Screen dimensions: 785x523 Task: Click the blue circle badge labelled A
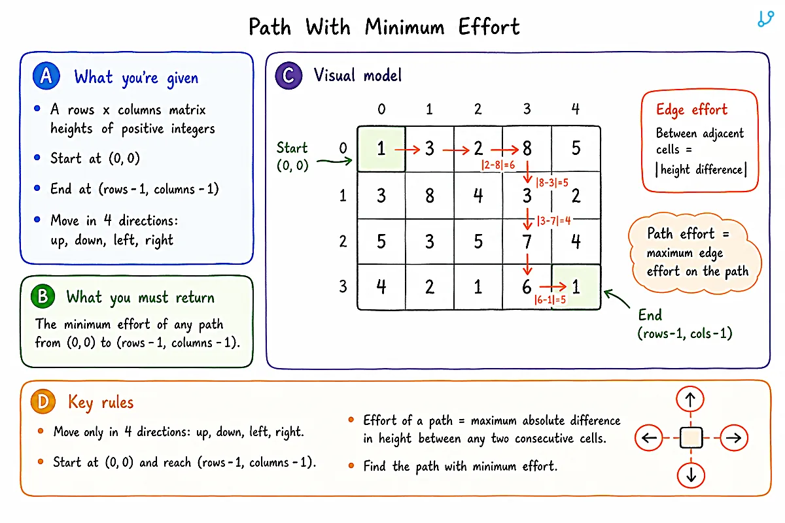[46, 76]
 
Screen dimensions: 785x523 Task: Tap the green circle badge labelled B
[43, 296]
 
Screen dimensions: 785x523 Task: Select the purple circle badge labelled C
[288, 75]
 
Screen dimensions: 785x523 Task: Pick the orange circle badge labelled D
[43, 401]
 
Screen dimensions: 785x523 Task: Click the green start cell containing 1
[381, 148]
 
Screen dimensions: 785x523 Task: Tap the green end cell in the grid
[576, 287]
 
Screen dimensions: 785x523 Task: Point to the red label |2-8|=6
[498, 165]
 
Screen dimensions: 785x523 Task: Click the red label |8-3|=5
[551, 182]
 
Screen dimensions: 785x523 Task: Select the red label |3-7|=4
[553, 221]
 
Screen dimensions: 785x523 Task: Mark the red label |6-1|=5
[550, 299]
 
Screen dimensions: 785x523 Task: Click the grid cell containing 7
[527, 241]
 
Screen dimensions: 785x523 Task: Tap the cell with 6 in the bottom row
[527, 287]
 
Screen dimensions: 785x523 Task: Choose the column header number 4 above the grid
[576, 109]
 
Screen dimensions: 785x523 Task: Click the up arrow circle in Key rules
[690, 399]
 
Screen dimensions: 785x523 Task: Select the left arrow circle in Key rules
[649, 437]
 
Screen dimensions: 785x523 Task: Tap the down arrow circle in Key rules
[691, 475]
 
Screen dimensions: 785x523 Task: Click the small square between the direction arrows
[691, 437]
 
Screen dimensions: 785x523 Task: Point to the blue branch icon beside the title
[765, 19]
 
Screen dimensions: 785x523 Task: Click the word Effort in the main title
[489, 27]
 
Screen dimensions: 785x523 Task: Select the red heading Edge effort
[691, 110]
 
